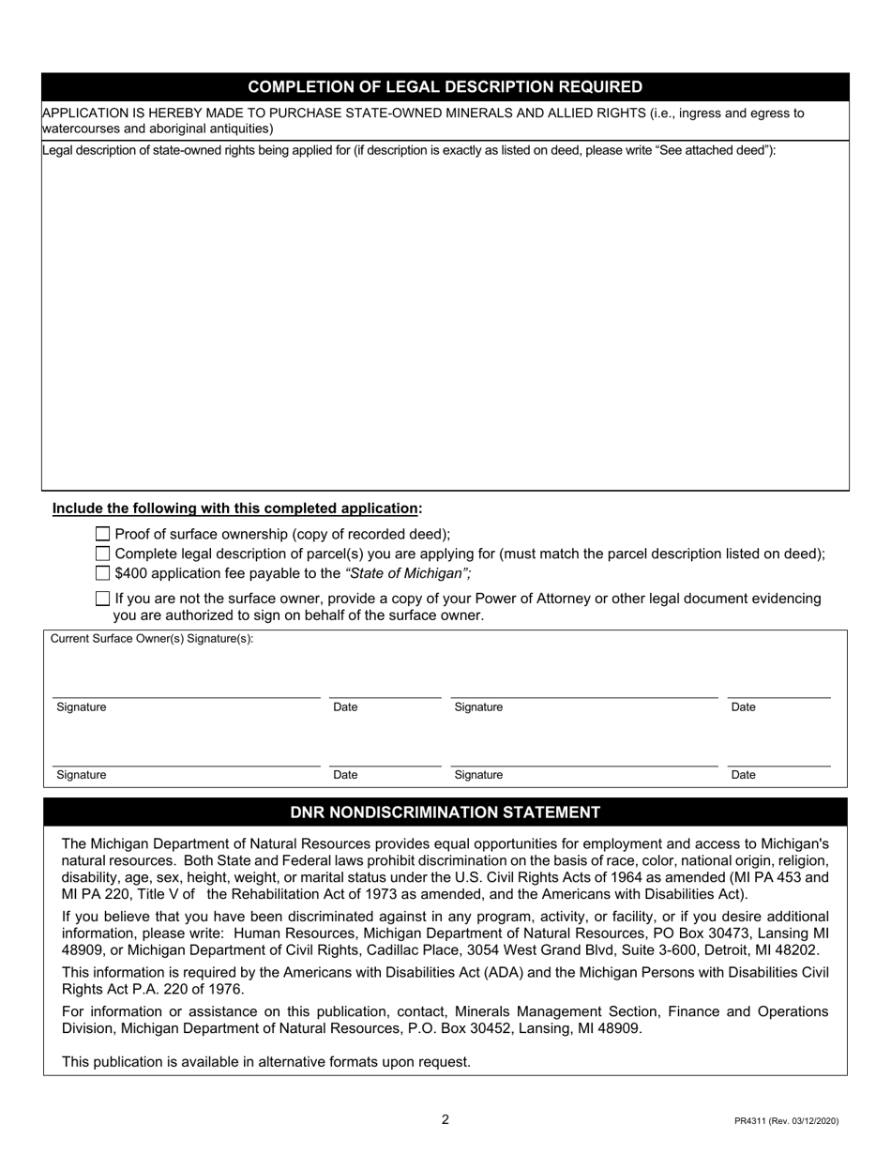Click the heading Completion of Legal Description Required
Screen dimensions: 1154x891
click(x=445, y=87)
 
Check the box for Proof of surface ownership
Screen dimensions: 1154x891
click(x=103, y=534)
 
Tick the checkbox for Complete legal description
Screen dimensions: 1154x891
click(x=103, y=554)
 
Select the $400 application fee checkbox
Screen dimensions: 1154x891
click(x=103, y=573)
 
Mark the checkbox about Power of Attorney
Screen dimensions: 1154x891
click(x=103, y=599)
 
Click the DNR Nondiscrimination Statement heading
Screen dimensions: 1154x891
click(x=445, y=812)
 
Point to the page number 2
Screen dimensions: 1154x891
click(x=445, y=1119)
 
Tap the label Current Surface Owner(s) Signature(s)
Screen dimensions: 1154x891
click(x=152, y=639)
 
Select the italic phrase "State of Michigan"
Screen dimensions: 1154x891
click(x=408, y=573)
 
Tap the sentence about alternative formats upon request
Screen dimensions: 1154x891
click(x=266, y=1062)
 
